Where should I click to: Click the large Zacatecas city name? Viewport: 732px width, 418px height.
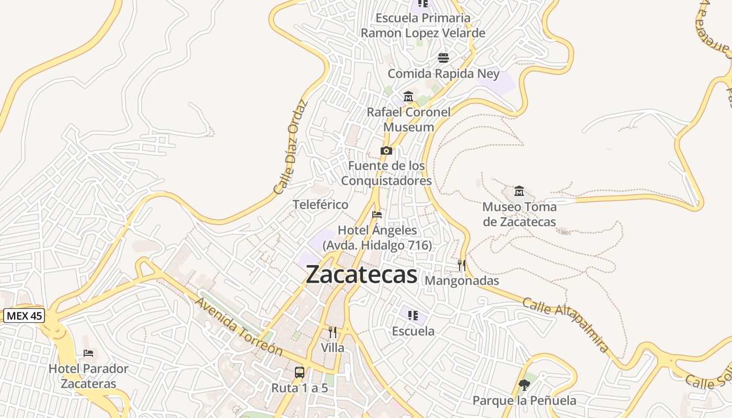(x=361, y=274)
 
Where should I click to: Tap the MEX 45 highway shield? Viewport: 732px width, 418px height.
(x=24, y=316)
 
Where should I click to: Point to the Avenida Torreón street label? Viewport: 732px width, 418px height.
(x=239, y=327)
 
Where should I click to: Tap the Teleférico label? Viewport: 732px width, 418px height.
(x=321, y=204)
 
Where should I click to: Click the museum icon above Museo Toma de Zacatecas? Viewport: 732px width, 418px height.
(x=519, y=191)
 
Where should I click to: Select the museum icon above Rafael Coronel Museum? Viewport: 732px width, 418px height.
(x=408, y=96)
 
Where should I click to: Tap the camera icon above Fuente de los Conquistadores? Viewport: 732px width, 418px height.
(x=386, y=151)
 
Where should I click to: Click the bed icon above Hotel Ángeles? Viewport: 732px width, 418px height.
(x=377, y=214)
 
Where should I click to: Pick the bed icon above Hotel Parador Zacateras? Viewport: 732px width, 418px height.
(x=88, y=353)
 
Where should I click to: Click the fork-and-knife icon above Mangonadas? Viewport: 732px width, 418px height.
(x=462, y=265)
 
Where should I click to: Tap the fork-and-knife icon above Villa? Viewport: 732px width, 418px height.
(x=333, y=332)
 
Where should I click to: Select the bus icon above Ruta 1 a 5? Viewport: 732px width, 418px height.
(x=300, y=373)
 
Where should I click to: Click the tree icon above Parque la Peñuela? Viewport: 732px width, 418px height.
(x=524, y=385)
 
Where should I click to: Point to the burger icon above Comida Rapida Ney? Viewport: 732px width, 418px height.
(x=443, y=57)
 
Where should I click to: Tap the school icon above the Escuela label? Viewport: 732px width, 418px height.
(x=413, y=315)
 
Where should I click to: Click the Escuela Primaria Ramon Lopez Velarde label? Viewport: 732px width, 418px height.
(x=423, y=26)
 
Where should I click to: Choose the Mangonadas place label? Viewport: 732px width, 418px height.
(x=462, y=281)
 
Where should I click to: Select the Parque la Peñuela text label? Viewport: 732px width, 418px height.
(x=524, y=401)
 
